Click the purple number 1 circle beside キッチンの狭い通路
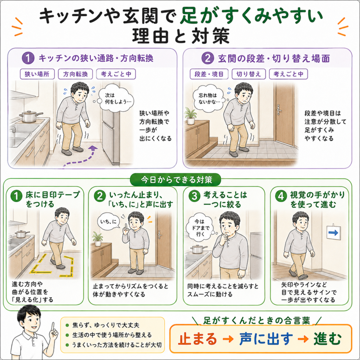click(x=28, y=58)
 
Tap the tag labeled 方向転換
click(x=75, y=74)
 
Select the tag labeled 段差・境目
click(x=209, y=74)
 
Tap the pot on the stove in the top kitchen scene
click(x=30, y=116)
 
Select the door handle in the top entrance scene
click(x=279, y=110)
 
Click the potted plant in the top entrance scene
click(x=191, y=116)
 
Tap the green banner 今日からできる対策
click(x=176, y=180)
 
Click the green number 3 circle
click(x=194, y=196)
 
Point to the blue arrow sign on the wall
click(x=333, y=233)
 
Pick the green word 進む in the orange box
click(x=327, y=339)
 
